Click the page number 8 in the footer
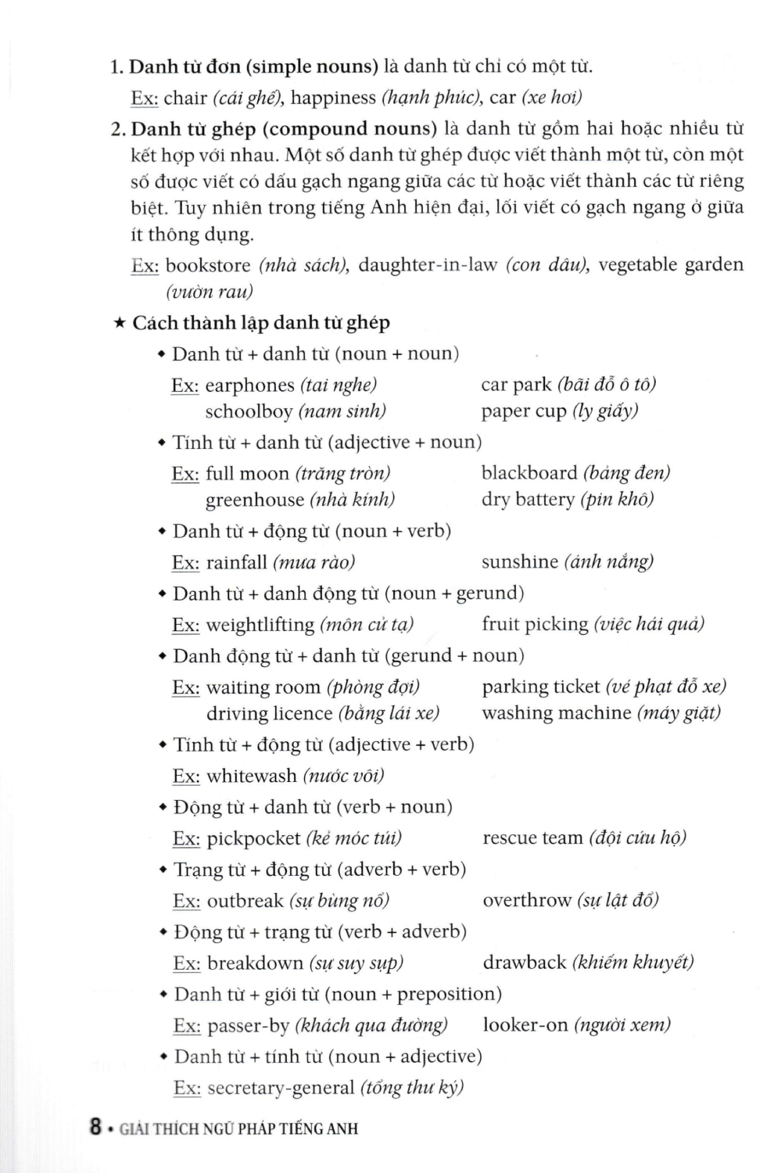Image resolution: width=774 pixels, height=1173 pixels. [x=95, y=1128]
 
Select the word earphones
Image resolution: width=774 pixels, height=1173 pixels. [x=249, y=386]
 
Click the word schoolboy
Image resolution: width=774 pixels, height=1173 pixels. [x=249, y=411]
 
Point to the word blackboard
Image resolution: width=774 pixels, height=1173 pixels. [x=529, y=473]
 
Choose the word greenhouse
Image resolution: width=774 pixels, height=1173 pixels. [x=254, y=500]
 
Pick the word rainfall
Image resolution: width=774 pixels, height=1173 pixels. [x=236, y=562]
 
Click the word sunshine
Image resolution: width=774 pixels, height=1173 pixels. [x=519, y=561]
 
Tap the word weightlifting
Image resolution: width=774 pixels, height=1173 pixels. [x=260, y=625]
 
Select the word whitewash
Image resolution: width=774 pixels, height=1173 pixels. [x=251, y=776]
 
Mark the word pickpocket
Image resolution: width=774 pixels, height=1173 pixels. [x=253, y=838]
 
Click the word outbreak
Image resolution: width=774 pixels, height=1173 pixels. [x=245, y=901]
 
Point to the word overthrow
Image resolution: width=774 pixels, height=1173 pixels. [x=527, y=900]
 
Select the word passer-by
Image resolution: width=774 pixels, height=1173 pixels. [x=248, y=1025]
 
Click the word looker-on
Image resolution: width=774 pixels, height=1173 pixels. [x=525, y=1025]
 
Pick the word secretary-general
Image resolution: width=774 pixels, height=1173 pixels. [x=281, y=1088]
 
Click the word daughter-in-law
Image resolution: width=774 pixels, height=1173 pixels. [x=428, y=265]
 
